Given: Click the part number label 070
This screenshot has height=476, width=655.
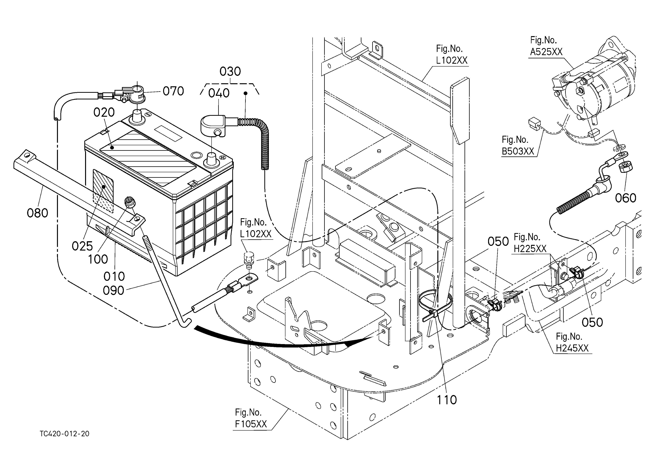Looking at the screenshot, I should click(x=173, y=91).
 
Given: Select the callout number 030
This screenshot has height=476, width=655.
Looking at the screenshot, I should click(x=230, y=72).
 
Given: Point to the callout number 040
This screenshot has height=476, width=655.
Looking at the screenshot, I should click(x=219, y=93).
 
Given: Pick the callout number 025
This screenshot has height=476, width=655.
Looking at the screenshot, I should click(x=82, y=246).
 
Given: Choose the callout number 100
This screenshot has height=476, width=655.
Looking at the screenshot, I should click(x=98, y=259).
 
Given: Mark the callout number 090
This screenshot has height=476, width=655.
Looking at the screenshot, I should click(x=114, y=290).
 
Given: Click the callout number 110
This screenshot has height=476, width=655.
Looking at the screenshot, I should click(x=447, y=400).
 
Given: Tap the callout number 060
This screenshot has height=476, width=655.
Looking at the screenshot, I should click(x=626, y=198).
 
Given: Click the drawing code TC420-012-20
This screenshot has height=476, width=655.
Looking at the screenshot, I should click(x=65, y=434).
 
